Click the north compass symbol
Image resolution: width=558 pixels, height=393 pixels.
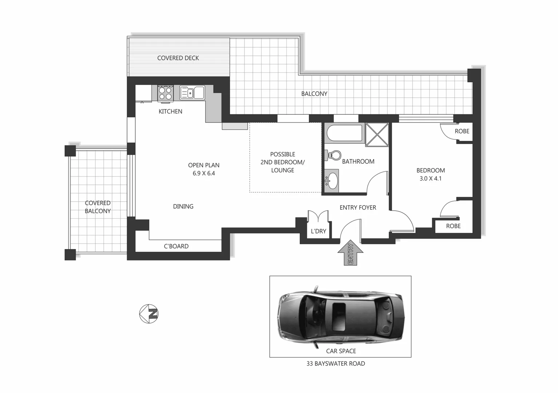point(149,313)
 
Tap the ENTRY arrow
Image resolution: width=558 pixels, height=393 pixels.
point(350,253)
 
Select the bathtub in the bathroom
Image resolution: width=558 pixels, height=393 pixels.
point(345,133)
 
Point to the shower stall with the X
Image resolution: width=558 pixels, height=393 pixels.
point(377,135)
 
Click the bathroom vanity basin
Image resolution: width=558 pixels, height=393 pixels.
point(331,180)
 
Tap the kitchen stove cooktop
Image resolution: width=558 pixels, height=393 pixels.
point(165,93)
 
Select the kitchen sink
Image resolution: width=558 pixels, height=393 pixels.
point(192,92)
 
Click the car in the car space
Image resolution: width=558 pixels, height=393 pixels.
point(340,317)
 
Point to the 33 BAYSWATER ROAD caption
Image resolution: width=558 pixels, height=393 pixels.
point(336,364)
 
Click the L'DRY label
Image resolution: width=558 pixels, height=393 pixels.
point(319,231)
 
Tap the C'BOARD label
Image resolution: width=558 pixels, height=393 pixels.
point(176,246)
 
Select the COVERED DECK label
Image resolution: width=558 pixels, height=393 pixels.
point(178,58)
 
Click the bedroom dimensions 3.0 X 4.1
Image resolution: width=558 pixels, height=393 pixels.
point(431,179)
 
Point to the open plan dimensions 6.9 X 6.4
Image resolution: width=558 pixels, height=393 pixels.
point(204,174)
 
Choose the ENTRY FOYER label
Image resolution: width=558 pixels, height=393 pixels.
point(358,207)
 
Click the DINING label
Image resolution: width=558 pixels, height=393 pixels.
point(183,206)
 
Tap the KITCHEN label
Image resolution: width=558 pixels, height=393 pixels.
point(171,111)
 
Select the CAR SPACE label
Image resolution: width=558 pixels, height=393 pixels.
point(341,351)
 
